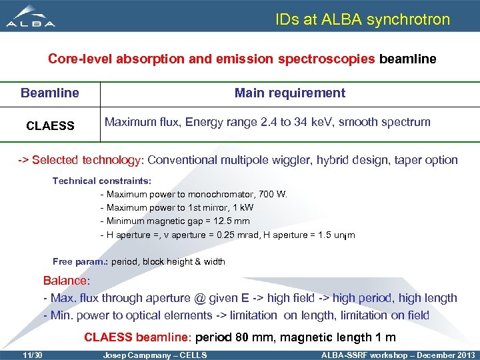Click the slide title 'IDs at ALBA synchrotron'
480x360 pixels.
(x=363, y=19)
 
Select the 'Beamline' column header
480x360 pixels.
(x=50, y=93)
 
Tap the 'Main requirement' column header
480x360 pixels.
(x=289, y=93)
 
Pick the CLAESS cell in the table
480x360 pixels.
(x=50, y=125)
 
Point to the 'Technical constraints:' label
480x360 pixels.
(x=102, y=181)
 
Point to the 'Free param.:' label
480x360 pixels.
(x=80, y=261)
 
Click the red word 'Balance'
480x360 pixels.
(x=65, y=281)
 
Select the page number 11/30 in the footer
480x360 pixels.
(x=31, y=354)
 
